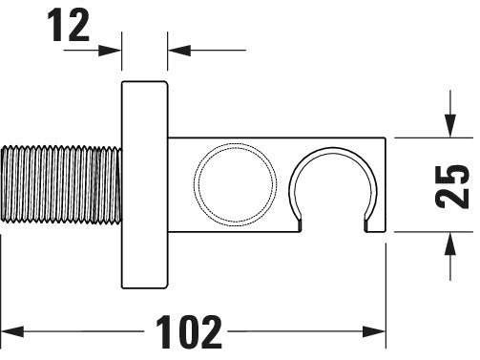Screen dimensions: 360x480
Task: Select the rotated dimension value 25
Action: tap(452, 184)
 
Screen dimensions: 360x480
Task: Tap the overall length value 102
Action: tap(187, 331)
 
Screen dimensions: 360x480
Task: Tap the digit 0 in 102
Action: tap(187, 331)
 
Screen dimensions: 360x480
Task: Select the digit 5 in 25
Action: tap(452, 171)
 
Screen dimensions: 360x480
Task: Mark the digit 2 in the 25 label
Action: tap(452, 199)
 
